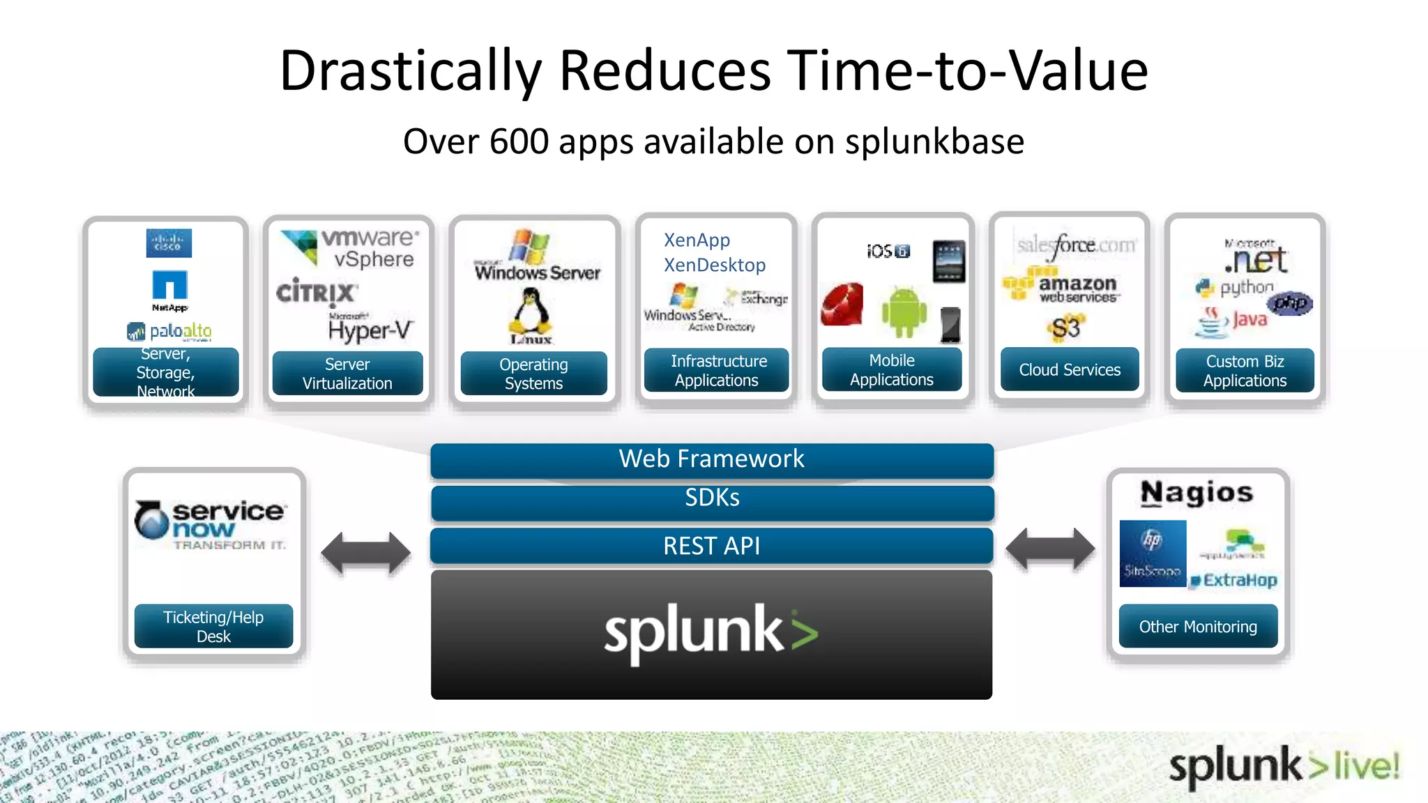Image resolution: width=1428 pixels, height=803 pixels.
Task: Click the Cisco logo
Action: pyautogui.click(x=169, y=243)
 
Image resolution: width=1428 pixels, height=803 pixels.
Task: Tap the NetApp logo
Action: pyautogui.click(x=170, y=289)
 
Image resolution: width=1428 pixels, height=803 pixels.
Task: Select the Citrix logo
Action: pyautogui.click(x=316, y=292)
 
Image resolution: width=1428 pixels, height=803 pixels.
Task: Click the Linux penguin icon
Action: pyautogui.click(x=531, y=314)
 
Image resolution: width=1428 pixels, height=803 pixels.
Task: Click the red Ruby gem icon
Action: pyautogui.click(x=842, y=305)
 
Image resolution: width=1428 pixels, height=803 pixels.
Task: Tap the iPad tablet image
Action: pyautogui.click(x=949, y=261)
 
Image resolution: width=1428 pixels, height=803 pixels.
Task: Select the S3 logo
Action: pyautogui.click(x=1065, y=328)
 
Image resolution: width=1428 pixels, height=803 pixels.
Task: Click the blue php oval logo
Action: pyautogui.click(x=1290, y=303)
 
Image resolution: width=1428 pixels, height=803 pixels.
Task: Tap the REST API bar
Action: pyautogui.click(x=712, y=546)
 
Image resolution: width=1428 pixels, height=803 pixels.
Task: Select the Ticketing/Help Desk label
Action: pyautogui.click(x=213, y=626)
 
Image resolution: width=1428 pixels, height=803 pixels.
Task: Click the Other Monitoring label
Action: pyautogui.click(x=1198, y=626)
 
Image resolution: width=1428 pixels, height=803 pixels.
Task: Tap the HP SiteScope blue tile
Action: pyautogui.click(x=1153, y=553)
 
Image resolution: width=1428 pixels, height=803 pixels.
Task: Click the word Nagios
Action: pyautogui.click(x=1197, y=493)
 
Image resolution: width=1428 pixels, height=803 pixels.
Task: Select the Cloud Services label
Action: pyautogui.click(x=1070, y=369)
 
